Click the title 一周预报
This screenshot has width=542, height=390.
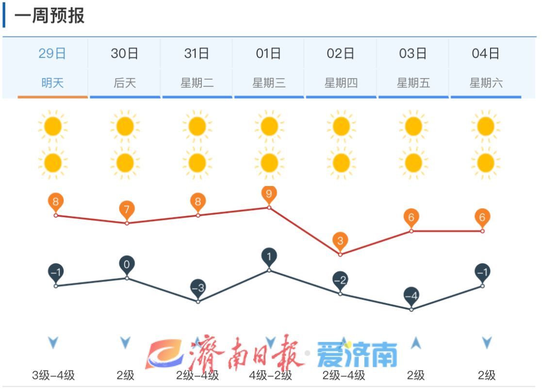(49, 16)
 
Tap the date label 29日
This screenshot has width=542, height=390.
(52, 53)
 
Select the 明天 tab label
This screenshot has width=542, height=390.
(52, 83)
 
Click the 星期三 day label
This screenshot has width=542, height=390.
(268, 83)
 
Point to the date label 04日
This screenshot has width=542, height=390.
(485, 53)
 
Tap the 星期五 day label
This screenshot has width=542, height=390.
(413, 83)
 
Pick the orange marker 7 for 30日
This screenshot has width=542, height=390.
(127, 210)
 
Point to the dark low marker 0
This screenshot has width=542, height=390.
(127, 265)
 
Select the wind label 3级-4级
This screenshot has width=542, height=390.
(53, 375)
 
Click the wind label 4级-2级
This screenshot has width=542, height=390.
(270, 375)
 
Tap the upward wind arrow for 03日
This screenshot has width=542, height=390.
(415, 344)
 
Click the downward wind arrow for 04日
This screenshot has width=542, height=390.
(487, 343)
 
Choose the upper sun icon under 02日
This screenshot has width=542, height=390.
(341, 126)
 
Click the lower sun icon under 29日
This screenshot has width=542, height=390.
(52, 162)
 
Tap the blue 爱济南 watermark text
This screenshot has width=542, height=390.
(357, 355)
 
